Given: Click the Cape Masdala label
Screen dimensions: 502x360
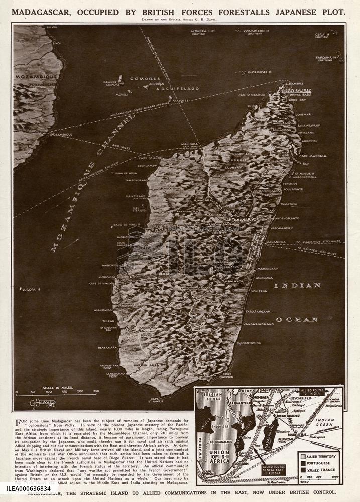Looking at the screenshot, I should click(x=313, y=156).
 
